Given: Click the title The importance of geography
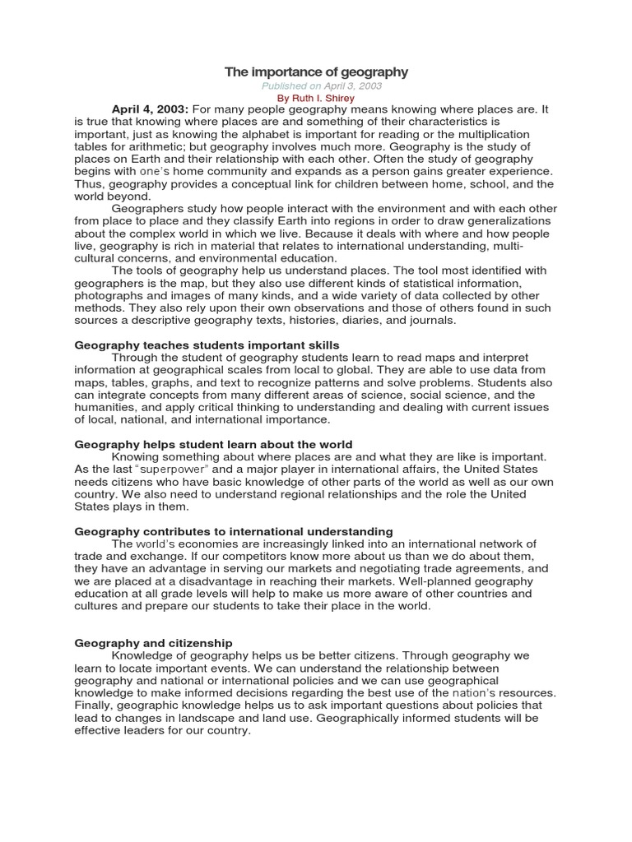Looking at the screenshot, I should tap(316, 72).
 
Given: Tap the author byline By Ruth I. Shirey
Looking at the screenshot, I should tap(316, 98).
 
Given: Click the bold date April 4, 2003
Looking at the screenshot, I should tap(151, 109).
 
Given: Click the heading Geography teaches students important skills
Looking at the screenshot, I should tap(207, 345).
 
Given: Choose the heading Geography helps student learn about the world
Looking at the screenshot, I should tap(213, 444).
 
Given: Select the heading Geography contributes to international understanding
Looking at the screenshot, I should tap(234, 531).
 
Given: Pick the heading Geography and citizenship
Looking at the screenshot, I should tap(154, 643).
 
